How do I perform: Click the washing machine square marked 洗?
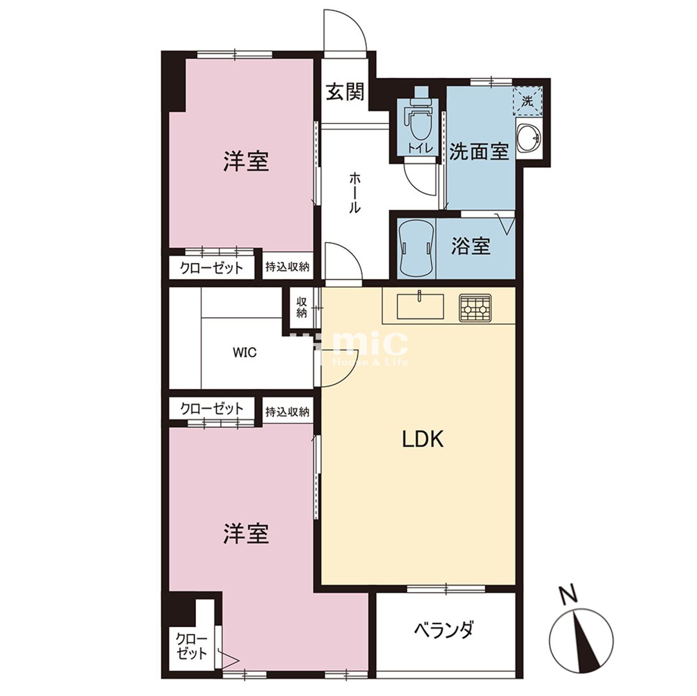[527, 101]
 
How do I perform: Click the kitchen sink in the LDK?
[420, 306]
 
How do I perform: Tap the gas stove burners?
[475, 308]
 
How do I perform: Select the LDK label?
[423, 439]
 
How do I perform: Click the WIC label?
[245, 352]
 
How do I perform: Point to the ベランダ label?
[443, 630]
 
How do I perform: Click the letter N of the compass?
[569, 595]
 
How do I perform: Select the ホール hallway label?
[354, 193]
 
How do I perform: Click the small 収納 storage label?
[301, 307]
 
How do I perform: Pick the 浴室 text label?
[470, 246]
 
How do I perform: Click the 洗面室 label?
[479, 152]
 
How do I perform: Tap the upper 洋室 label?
[246, 161]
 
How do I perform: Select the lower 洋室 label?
[246, 534]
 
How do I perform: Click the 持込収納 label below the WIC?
[287, 411]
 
